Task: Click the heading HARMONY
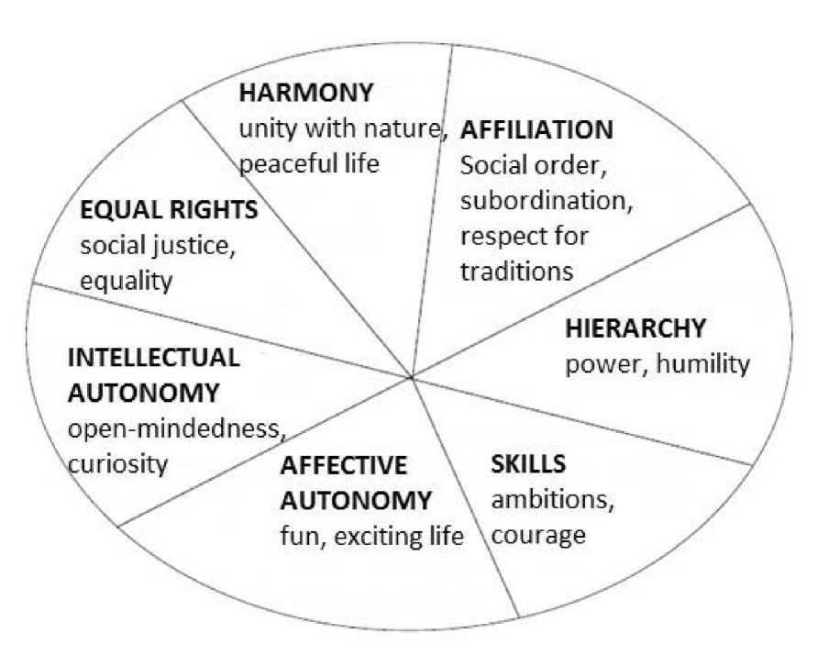[x=306, y=94]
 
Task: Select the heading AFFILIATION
[x=536, y=130]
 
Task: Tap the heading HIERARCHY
[x=635, y=328]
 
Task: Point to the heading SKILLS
[x=529, y=463]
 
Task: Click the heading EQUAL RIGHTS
[x=170, y=210]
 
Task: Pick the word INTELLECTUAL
[x=153, y=356]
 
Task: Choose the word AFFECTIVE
[x=343, y=465]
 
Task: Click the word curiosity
[x=117, y=462]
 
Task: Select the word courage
[x=538, y=535]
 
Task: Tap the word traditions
[x=516, y=272]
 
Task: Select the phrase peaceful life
[x=309, y=164]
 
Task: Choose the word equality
[x=126, y=280]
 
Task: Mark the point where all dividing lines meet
[x=413, y=376]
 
